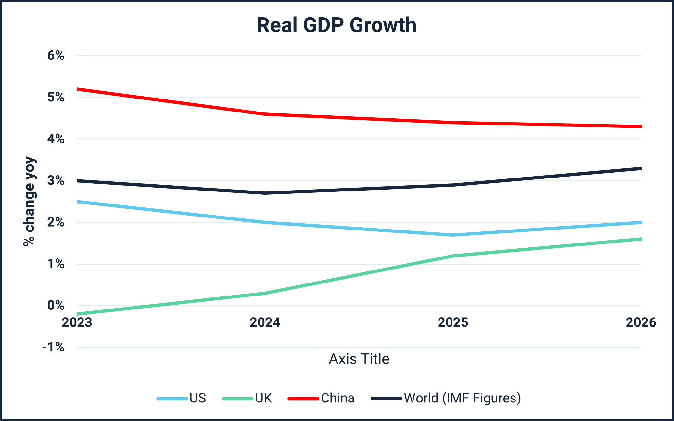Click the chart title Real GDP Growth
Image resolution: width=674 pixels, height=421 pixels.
pos(337,25)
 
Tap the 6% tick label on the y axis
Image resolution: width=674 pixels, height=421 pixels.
pos(56,56)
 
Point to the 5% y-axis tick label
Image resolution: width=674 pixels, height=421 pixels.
pos(56,97)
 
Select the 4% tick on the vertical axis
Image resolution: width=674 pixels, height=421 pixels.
pos(56,139)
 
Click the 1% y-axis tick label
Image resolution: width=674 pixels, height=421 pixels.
pos(56,264)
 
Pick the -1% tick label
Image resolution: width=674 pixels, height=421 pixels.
pos(54,347)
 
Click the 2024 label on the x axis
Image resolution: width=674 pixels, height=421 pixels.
pos(265,322)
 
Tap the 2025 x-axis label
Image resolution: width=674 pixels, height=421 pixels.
pos(453,322)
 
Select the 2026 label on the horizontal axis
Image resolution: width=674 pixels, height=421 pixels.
pos(641,322)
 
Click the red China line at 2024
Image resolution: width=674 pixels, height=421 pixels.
pos(265,114)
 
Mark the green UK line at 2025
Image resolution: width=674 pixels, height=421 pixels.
pos(453,256)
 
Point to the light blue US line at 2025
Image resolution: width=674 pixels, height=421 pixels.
pos(453,235)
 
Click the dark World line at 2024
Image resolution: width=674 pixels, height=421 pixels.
pos(265,193)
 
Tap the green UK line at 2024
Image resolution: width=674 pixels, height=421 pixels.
pos(265,293)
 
